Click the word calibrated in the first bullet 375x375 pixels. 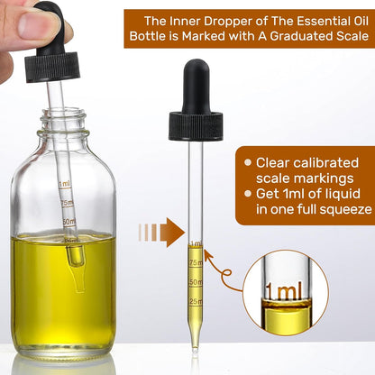pyautogui.click(x=328, y=162)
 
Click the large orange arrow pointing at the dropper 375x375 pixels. pyautogui.click(x=170, y=233)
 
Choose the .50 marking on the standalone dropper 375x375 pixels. pyautogui.click(x=196, y=281)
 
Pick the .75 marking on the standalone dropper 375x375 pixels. pyautogui.click(x=196, y=262)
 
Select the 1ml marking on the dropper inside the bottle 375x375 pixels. pyautogui.click(x=65, y=185)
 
